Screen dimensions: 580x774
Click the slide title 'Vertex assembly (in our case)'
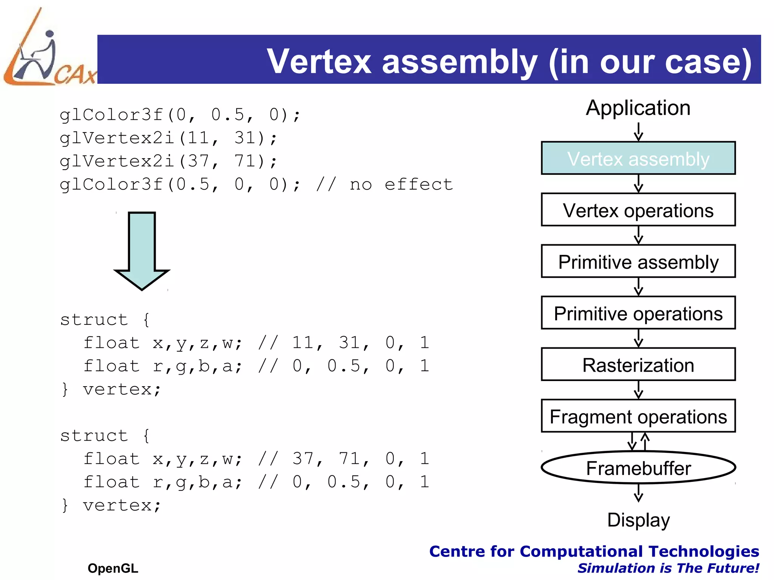[x=509, y=61]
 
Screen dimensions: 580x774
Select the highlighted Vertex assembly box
[x=638, y=158]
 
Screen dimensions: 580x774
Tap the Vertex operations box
[x=638, y=210]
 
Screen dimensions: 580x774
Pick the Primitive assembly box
[x=638, y=262]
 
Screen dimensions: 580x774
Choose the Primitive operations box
[x=638, y=313]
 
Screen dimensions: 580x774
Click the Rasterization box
[x=638, y=365]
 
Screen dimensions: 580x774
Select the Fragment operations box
[x=638, y=416]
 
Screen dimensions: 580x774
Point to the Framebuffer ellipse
[x=638, y=467]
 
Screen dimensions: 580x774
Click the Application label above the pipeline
[x=638, y=108]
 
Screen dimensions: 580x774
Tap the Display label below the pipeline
[x=638, y=520]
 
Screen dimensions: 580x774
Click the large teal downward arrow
[x=142, y=251]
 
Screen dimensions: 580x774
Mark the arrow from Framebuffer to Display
[x=638, y=493]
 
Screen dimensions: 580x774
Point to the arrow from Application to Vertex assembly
[x=638, y=132]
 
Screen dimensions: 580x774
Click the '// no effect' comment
[x=384, y=185]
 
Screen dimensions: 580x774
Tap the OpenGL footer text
[x=113, y=568]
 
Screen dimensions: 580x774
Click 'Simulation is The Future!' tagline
[x=668, y=568]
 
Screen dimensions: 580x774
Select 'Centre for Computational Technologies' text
[x=594, y=551]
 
